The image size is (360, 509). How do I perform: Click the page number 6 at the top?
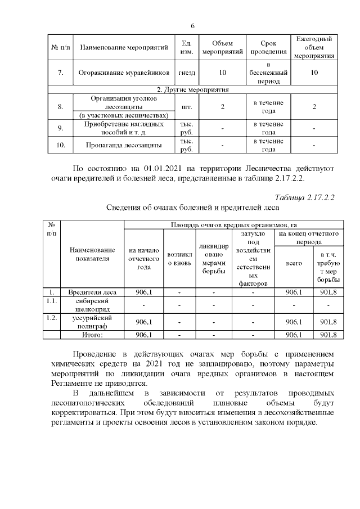(x=192, y=26)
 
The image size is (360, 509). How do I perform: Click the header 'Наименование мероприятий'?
(x=124, y=48)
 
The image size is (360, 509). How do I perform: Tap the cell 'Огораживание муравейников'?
(x=124, y=73)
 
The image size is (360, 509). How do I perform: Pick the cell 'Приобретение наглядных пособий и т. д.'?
(x=124, y=128)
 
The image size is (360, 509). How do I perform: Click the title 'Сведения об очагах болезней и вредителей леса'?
(x=194, y=207)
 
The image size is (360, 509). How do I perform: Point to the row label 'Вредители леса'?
(x=92, y=292)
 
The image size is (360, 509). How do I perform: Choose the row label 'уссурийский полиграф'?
(x=92, y=322)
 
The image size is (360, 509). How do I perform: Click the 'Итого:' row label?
(x=92, y=335)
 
